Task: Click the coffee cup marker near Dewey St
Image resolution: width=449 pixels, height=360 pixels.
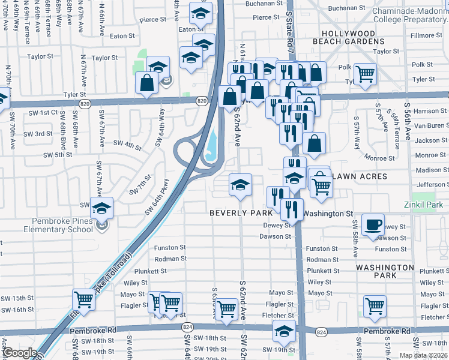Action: [373, 223]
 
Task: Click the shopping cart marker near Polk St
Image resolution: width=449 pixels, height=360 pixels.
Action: [365, 74]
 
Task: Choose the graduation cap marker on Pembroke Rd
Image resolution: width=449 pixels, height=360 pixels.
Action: [284, 331]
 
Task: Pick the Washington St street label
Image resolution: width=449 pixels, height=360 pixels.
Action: [327, 214]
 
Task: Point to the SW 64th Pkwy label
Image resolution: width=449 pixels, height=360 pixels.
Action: [157, 196]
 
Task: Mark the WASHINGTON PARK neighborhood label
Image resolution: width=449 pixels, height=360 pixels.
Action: [393, 271]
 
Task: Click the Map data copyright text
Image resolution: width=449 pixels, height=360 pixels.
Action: [424, 355]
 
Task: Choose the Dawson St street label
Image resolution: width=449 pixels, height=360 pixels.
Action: [275, 236]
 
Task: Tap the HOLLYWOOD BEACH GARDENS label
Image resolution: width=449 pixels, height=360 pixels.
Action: [353, 37]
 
